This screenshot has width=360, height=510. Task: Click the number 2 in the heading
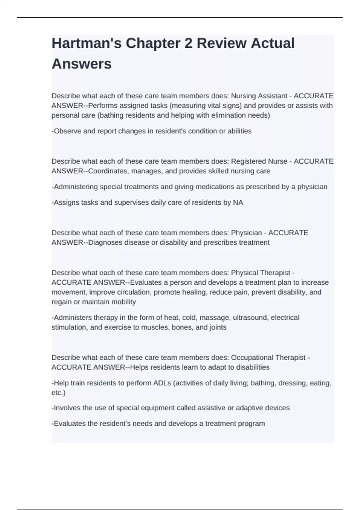pos(188,43)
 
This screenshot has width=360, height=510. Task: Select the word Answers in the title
pos(82,64)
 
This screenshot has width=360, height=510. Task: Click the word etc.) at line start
pos(58,393)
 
